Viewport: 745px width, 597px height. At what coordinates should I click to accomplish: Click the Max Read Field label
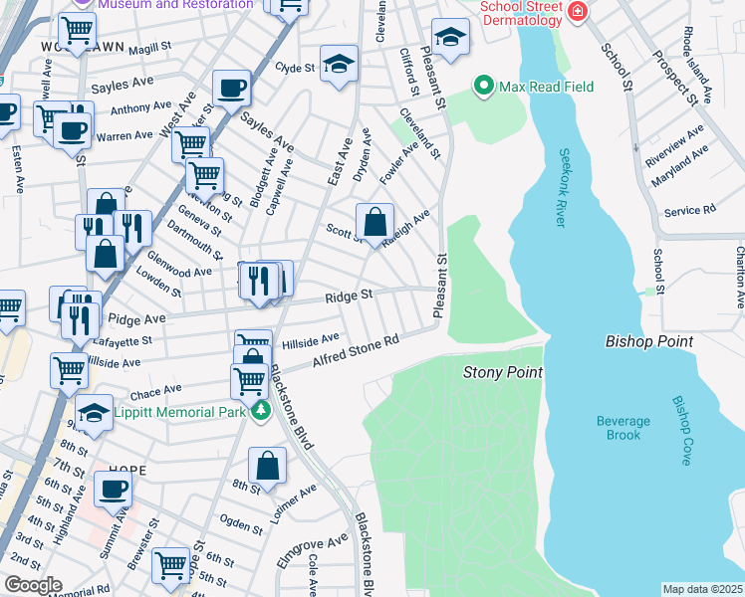(x=547, y=87)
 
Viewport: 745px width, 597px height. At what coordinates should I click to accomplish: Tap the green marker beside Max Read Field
(x=485, y=86)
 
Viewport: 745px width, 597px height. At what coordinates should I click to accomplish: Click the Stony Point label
(x=503, y=372)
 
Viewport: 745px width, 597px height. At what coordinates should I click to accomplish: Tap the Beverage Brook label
(x=623, y=428)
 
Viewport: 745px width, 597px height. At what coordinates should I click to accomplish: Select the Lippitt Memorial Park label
(x=178, y=411)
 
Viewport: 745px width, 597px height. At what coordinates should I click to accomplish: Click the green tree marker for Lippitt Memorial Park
(x=261, y=411)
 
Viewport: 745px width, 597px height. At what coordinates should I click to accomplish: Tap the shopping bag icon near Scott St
(x=374, y=221)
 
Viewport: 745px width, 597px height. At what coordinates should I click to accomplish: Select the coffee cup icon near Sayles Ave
(x=231, y=88)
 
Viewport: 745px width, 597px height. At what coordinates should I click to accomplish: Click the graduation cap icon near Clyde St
(x=339, y=64)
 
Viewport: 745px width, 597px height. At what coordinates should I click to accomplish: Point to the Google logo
(x=33, y=586)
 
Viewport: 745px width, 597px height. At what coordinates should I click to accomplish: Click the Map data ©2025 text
(x=702, y=589)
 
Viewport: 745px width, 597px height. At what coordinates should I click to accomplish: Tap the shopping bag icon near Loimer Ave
(x=267, y=465)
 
